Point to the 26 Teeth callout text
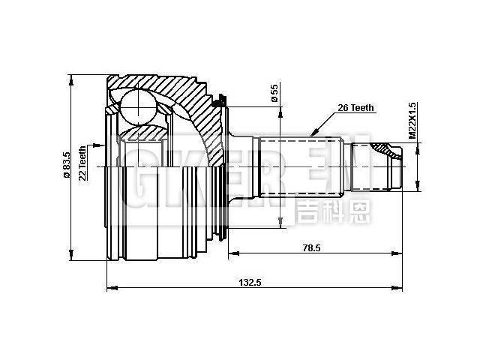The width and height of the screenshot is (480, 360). (355, 108)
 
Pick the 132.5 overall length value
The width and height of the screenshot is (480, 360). (247, 283)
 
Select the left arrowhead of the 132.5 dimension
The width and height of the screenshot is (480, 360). (111, 287)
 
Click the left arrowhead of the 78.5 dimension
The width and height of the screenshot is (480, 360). (232, 251)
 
